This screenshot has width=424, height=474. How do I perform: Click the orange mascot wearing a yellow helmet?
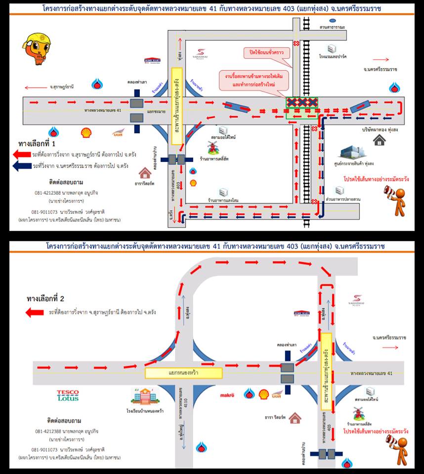tap(36, 50)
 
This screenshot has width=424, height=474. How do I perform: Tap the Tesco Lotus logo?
tap(68, 395)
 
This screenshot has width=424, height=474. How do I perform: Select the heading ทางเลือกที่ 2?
tap(45, 299)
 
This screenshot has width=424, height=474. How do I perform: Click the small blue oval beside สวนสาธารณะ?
tap(333, 21)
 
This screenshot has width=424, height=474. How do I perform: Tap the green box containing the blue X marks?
tap(301, 108)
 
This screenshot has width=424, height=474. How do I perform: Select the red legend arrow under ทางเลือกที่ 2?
tap(35, 312)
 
